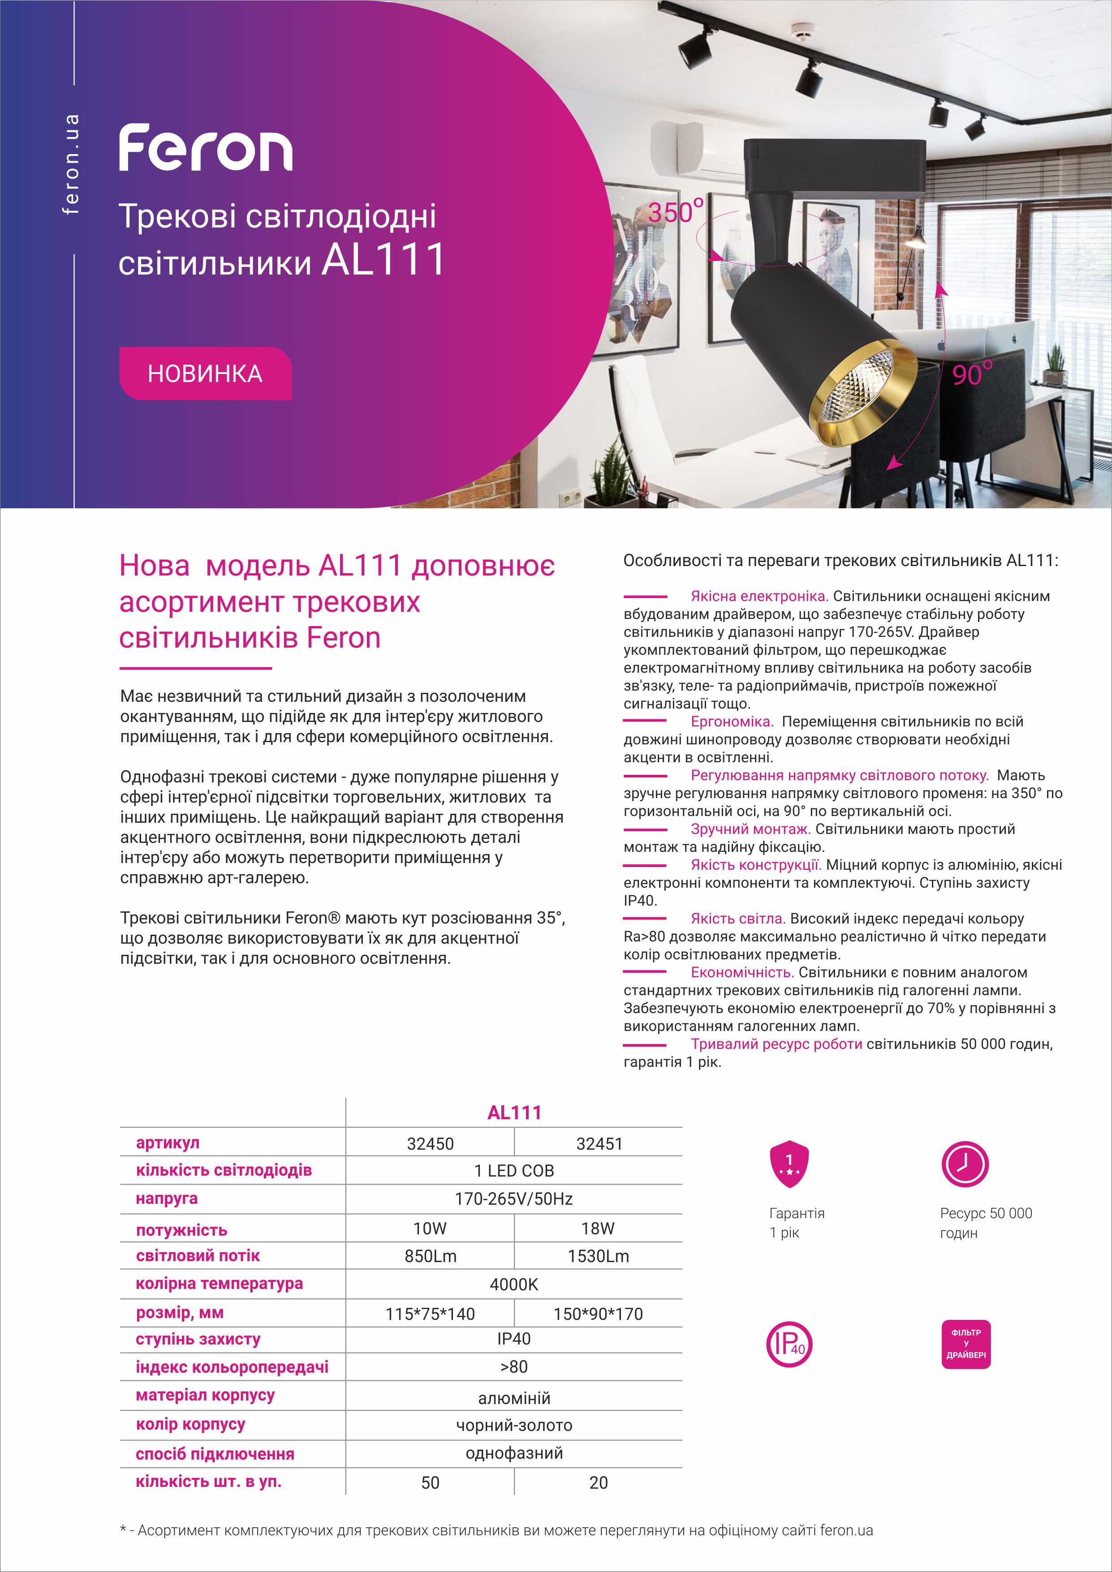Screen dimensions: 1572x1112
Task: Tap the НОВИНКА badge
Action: [x=205, y=373]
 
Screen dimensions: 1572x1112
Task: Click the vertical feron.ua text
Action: [x=70, y=164]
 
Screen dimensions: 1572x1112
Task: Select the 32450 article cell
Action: [x=430, y=1143]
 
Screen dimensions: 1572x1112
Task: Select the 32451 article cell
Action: [x=599, y=1143]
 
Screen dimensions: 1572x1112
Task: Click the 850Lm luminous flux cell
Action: [x=430, y=1256]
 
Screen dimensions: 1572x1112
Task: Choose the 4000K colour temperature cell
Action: [x=513, y=1284]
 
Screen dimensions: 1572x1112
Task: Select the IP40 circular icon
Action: [x=789, y=1344]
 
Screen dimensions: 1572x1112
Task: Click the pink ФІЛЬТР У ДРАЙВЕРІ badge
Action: [x=965, y=1344]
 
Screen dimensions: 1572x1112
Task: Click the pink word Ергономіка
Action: [x=731, y=722]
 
